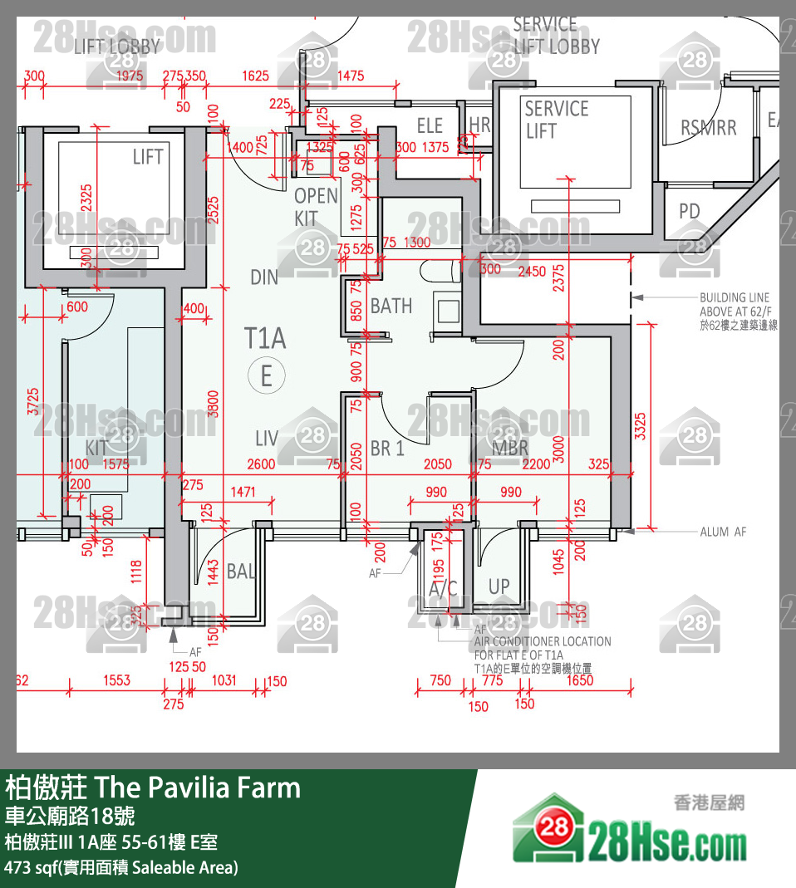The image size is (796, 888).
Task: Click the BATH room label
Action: pos(391,307)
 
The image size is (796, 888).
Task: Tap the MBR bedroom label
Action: pos(510,449)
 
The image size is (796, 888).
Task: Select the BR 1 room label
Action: pos(387,449)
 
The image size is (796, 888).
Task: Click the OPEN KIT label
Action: pos(316,207)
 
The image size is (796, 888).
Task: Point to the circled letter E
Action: pos(267,376)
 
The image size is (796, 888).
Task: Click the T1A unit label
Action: pos(265,338)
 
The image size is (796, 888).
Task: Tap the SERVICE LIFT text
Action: pos(556,120)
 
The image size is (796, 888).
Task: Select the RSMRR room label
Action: pos(708,128)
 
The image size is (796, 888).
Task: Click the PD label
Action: pos(690,212)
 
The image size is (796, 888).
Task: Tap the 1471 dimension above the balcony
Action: pos(243,493)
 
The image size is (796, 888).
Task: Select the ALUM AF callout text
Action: pos(723,532)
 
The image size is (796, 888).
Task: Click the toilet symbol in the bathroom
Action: pos(439,271)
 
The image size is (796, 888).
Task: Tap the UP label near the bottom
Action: pos(499,586)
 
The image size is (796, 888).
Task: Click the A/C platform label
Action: pos(443,589)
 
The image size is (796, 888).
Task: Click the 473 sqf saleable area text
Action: pos(121,867)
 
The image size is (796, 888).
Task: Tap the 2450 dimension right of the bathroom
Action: pos(532,270)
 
